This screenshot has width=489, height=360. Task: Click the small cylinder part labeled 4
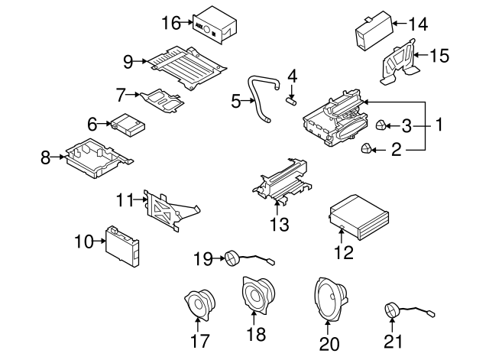(291, 100)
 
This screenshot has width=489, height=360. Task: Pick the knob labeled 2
(367, 149)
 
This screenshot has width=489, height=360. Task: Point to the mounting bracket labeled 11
(168, 209)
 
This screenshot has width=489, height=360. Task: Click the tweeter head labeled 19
(232, 261)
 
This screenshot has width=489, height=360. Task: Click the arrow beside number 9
(145, 60)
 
